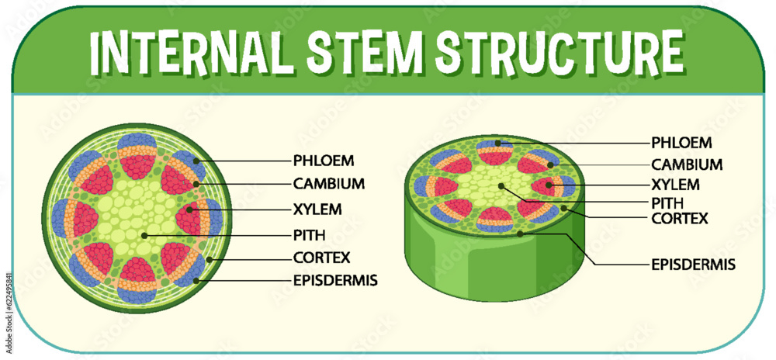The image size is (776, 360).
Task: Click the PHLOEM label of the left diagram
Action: coord(324,161)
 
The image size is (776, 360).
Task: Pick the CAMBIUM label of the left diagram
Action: coord(329,184)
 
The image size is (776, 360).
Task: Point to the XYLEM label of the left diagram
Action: coord(318,209)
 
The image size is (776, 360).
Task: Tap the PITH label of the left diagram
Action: coord(310,234)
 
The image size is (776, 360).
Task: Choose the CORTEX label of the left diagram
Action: coord(322,258)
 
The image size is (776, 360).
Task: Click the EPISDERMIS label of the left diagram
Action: coord(335,280)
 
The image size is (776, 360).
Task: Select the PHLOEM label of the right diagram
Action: coord(681,143)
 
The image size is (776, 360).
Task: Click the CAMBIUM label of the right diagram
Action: coord(687,164)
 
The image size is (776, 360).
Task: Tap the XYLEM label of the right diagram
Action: coord(675,185)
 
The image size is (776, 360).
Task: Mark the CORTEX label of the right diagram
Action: coord(680,218)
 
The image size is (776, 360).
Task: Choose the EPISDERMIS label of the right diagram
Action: coord(694,265)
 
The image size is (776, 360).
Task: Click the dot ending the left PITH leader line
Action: coord(145,234)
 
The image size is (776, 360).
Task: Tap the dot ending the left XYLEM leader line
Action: coord(190,209)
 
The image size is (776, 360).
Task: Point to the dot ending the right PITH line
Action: coord(502,185)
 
